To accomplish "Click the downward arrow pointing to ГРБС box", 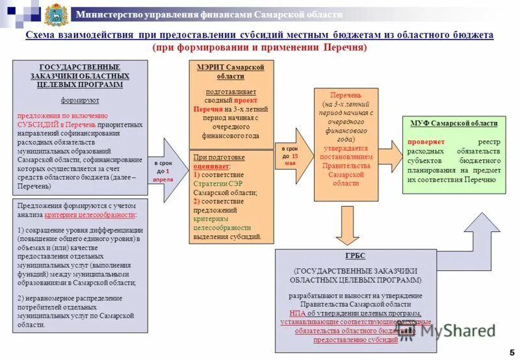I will coord(348,225).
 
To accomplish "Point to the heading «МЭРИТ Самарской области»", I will coord(231,71).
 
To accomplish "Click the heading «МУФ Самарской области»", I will coord(454,123).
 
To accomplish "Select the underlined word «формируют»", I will coord(80,101).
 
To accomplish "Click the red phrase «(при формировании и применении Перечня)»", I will coord(260,47).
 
